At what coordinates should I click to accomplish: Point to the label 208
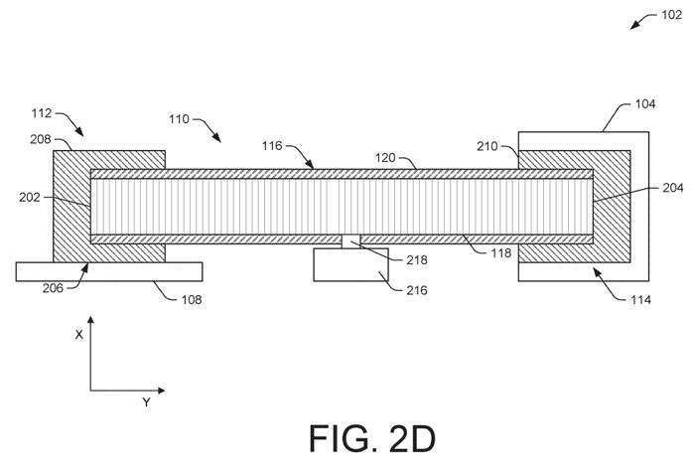[x=40, y=140]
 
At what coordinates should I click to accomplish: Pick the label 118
[x=500, y=253]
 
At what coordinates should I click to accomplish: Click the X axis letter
[x=78, y=335]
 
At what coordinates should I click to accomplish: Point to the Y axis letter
[x=146, y=402]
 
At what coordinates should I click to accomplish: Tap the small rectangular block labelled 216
[x=343, y=264]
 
